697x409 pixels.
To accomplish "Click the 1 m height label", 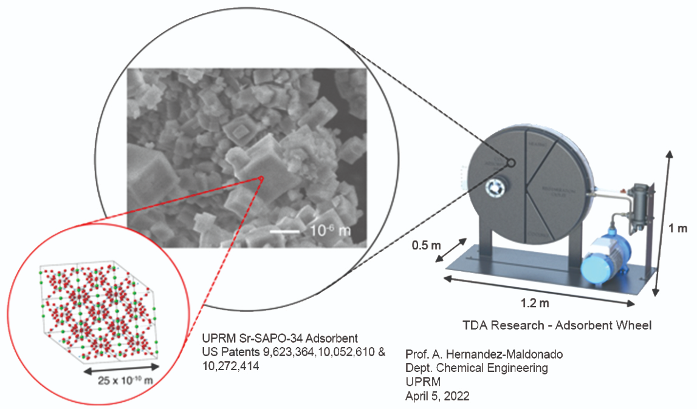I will click(678, 229).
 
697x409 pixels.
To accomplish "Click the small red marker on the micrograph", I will click(261, 178).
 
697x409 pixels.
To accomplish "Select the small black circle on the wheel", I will click(510, 163).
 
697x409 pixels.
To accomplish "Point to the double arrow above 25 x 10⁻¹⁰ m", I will click(122, 370).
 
